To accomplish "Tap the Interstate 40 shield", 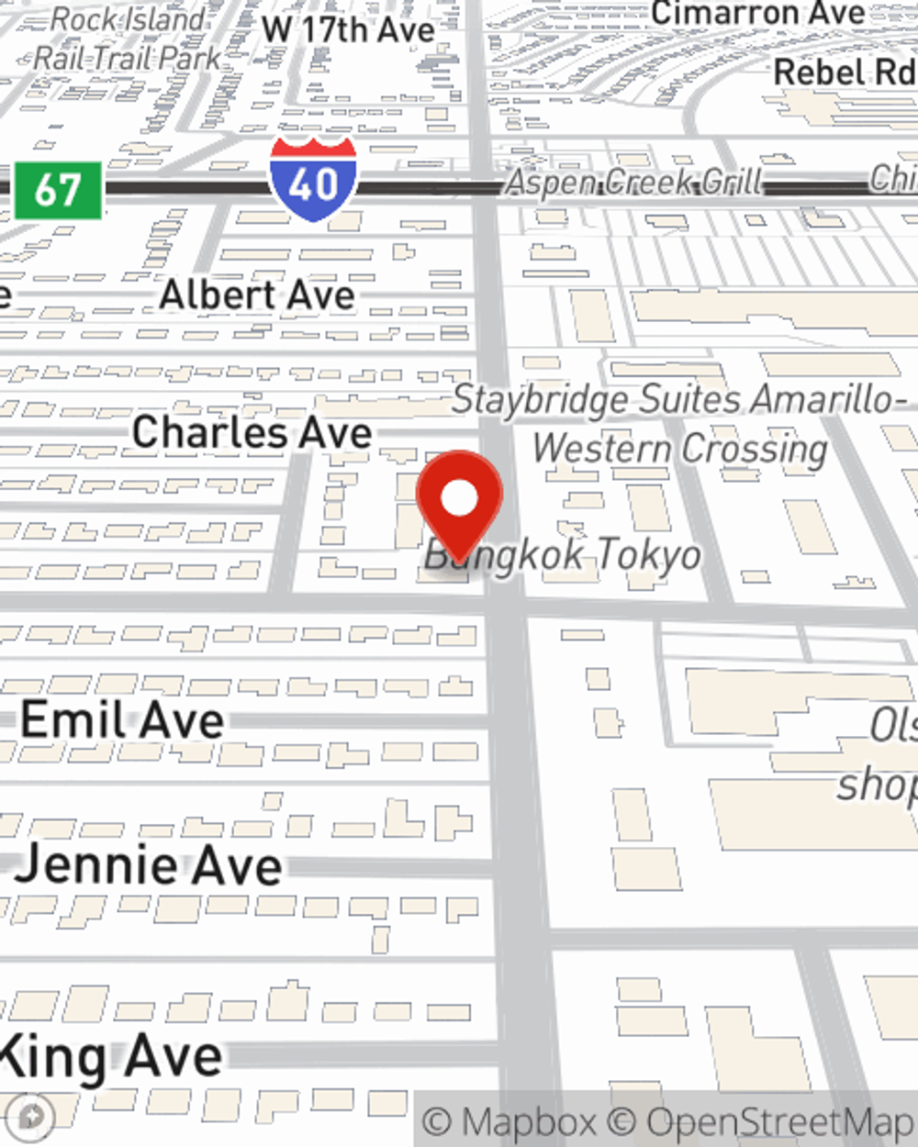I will tap(313, 181).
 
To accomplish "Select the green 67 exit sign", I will tap(58, 191).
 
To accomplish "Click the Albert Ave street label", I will tap(257, 295).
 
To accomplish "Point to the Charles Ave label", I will tap(252, 432).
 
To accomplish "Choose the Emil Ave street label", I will tap(122, 719).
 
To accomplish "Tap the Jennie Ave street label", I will tap(149, 864).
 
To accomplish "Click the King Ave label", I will tap(110, 1057).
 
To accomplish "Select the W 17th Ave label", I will tap(348, 29).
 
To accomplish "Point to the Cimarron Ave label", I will tap(757, 13).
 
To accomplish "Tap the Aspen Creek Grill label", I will tap(634, 182).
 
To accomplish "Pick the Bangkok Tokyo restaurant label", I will tap(564, 554).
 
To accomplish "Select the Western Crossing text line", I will tap(680, 449).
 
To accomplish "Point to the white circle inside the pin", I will tap(459, 498).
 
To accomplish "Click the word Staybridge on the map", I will tap(541, 400).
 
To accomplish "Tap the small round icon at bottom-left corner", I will tap(33, 1117).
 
